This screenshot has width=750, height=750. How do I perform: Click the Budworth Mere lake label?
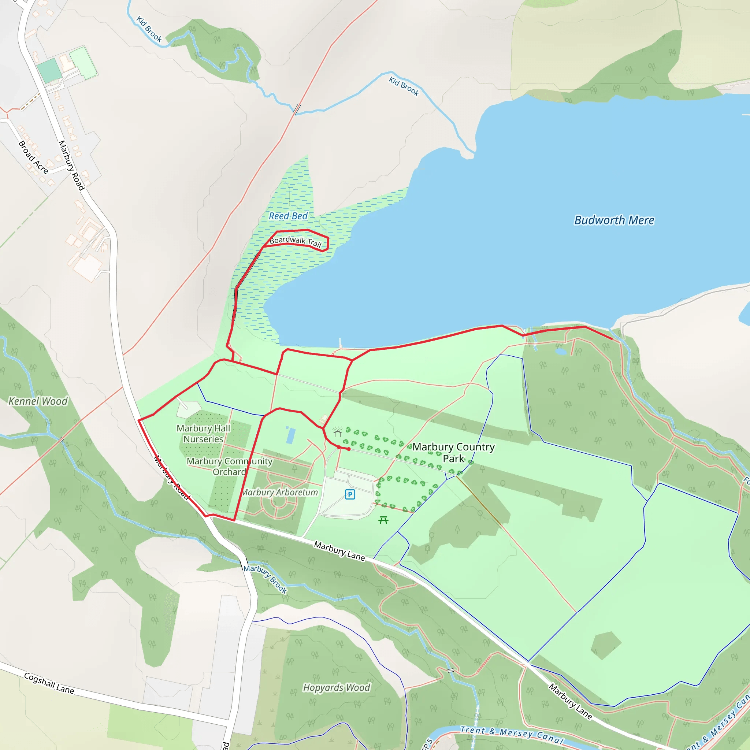tap(614, 220)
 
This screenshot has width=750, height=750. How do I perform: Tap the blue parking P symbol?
tap(350, 494)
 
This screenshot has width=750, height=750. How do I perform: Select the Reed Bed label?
tap(288, 216)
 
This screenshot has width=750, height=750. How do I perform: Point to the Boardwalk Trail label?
tap(296, 241)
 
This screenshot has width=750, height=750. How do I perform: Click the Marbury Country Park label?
tap(453, 452)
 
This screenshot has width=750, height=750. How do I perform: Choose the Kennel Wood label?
tap(38, 401)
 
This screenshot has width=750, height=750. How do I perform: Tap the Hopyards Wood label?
tap(337, 687)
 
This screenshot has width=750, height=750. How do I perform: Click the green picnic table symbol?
tap(383, 520)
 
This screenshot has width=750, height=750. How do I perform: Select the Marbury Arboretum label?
tap(279, 492)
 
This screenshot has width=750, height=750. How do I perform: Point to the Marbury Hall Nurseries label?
tap(203, 433)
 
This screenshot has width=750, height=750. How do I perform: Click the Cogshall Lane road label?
tap(49, 683)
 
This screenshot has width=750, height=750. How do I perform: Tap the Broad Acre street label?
tap(33, 157)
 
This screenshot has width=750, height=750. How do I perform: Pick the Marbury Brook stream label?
tap(266, 579)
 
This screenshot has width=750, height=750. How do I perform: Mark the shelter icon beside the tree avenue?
tap(337, 432)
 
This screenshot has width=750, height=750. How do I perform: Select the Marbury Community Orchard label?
tap(229, 466)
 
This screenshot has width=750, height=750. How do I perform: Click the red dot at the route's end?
tap(349, 449)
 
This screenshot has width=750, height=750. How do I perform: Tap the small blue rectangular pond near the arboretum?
tap(290, 435)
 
